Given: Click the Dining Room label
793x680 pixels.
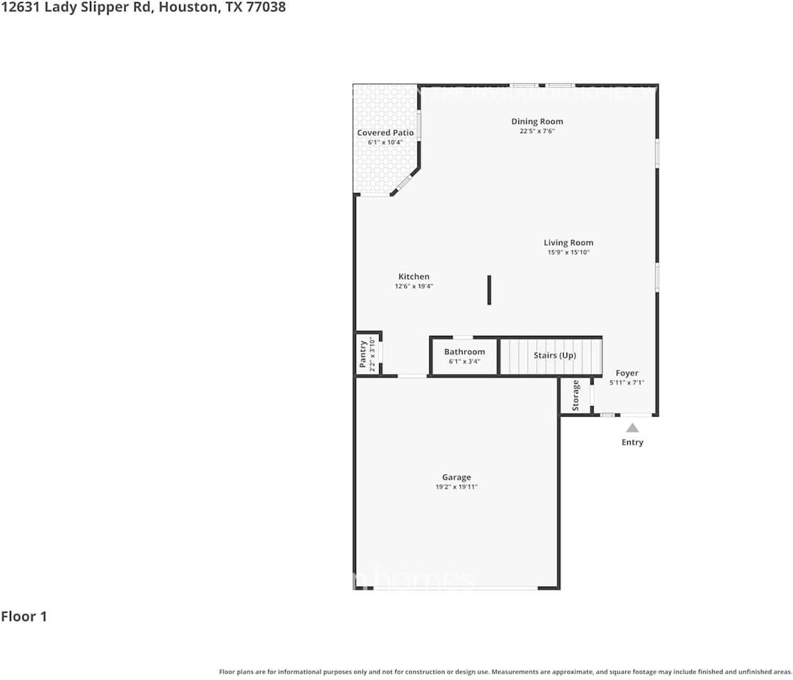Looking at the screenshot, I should pyautogui.click(x=536, y=121).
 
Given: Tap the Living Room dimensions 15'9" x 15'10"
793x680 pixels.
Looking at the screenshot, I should pyautogui.click(x=568, y=252).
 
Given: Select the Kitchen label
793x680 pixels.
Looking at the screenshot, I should pyautogui.click(x=414, y=276).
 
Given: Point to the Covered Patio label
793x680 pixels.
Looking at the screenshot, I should pyautogui.click(x=385, y=132).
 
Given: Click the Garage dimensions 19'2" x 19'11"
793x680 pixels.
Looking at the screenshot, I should pyautogui.click(x=456, y=487).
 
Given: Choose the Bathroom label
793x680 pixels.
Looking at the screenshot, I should pyautogui.click(x=464, y=351).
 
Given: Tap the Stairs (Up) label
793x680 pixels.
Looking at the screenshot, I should pyautogui.click(x=554, y=355).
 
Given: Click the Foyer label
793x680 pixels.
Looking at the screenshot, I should pyautogui.click(x=626, y=373).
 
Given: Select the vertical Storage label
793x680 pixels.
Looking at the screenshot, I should pyautogui.click(x=575, y=395).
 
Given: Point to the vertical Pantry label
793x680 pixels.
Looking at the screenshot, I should pyautogui.click(x=363, y=354).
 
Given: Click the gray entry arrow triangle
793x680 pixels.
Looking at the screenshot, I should pyautogui.click(x=632, y=428).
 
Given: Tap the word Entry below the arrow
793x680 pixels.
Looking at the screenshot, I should pyautogui.click(x=632, y=442).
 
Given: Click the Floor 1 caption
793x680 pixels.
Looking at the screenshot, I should pyautogui.click(x=24, y=616).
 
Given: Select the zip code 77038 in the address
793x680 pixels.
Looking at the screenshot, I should pyautogui.click(x=265, y=8).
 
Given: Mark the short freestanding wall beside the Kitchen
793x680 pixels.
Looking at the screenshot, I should pyautogui.click(x=489, y=290).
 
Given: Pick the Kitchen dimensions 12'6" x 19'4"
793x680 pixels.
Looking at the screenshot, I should pyautogui.click(x=414, y=286).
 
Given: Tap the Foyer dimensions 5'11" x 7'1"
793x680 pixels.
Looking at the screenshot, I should pyautogui.click(x=626, y=382).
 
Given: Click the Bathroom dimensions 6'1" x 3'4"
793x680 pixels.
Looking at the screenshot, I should pyautogui.click(x=464, y=361).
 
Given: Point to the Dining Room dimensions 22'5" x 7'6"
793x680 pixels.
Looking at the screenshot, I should pyautogui.click(x=536, y=131).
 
